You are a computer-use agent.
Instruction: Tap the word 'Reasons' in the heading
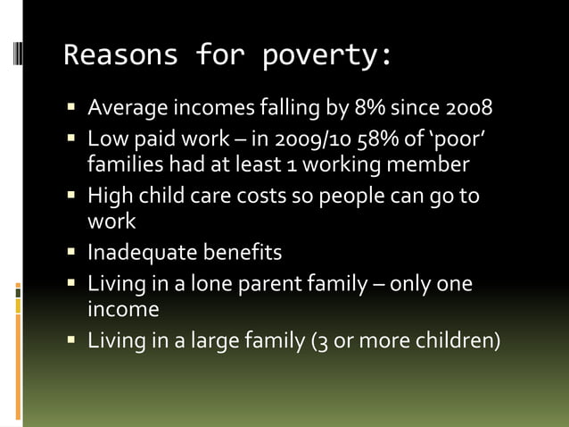point(121,56)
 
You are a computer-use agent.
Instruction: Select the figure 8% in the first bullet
point(374,111)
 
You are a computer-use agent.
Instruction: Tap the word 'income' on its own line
point(123,309)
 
